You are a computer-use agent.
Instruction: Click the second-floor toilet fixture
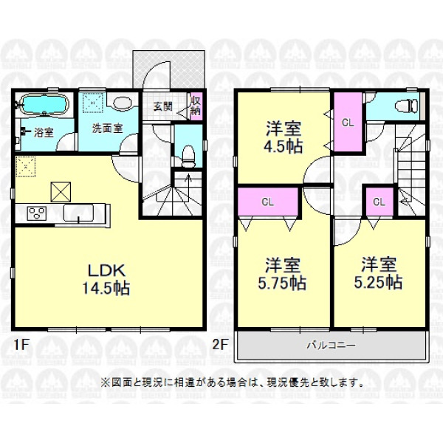tap(405, 105)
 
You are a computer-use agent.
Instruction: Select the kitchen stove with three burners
tap(35, 213)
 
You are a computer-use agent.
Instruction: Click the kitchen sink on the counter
tap(80, 213)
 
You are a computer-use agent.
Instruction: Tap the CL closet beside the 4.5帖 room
tap(347, 123)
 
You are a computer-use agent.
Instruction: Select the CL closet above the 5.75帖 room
tap(269, 200)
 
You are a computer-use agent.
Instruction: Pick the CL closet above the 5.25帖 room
tap(379, 201)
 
